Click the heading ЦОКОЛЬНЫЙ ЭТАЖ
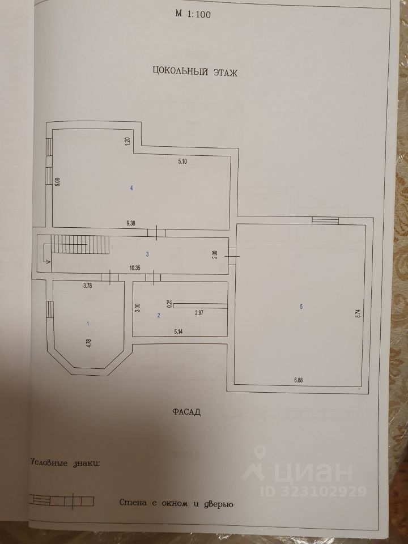(x=194, y=71)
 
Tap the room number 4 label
(x=131, y=188)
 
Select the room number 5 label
(x=301, y=307)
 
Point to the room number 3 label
(x=147, y=254)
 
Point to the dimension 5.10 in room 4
(x=182, y=161)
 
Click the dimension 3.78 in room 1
(x=88, y=286)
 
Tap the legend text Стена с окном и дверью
(x=176, y=503)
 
